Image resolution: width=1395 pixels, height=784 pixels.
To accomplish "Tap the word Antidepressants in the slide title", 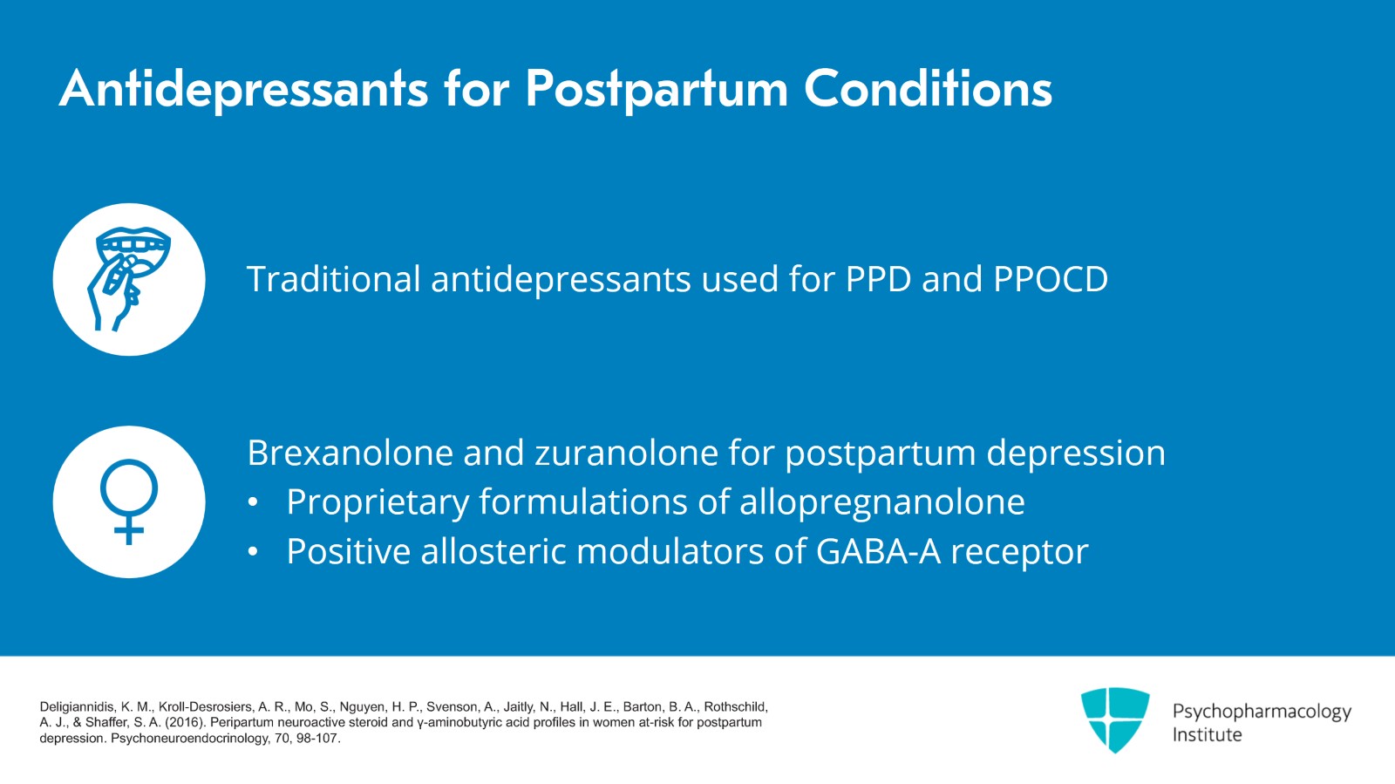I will (x=243, y=89).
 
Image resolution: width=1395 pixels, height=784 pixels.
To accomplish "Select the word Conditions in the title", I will (x=928, y=89).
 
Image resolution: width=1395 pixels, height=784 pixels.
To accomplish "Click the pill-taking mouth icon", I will (x=129, y=279).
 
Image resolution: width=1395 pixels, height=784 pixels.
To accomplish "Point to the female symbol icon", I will (x=129, y=501).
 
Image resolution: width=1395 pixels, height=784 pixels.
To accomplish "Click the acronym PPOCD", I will (x=1050, y=279).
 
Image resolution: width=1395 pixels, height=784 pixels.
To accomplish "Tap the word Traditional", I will (x=334, y=279).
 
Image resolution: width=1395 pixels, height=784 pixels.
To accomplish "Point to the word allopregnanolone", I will (x=881, y=502).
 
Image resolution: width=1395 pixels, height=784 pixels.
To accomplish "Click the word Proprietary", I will (x=378, y=502).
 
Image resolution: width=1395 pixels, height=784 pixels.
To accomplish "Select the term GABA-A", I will (x=878, y=551).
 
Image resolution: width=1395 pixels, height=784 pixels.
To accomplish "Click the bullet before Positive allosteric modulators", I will (x=253, y=552).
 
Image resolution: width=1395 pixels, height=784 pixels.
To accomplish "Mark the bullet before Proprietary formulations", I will (x=253, y=503).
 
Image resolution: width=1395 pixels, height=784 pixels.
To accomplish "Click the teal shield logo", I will (x=1114, y=719).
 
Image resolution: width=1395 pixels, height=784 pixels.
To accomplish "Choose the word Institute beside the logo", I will (x=1207, y=735).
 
